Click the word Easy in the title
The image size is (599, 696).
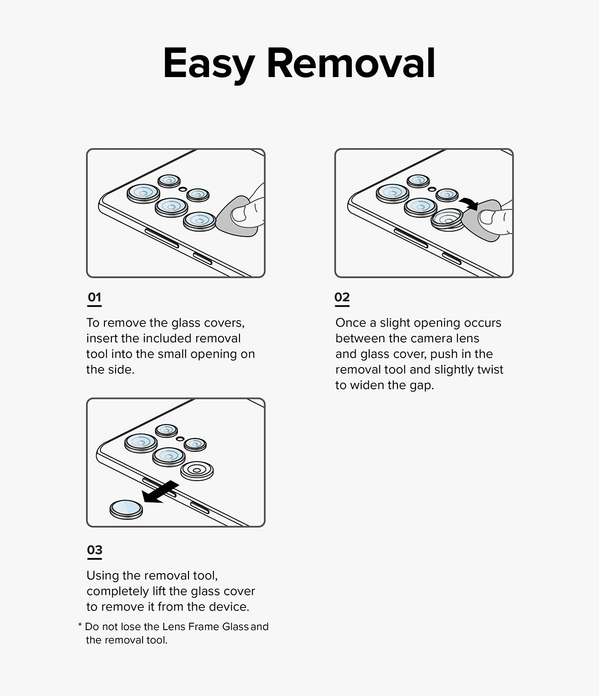tap(208, 64)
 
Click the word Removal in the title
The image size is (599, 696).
tap(351, 64)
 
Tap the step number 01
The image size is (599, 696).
tap(94, 297)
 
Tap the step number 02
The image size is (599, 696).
tap(342, 297)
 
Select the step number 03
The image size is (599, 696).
tap(95, 550)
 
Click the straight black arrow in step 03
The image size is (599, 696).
tap(160, 492)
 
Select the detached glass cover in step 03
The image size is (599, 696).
tap(126, 509)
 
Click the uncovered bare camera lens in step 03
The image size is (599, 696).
tap(197, 471)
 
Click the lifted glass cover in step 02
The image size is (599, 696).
tap(447, 219)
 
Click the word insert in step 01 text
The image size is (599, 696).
tap(102, 339)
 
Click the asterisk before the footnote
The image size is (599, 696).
tap(80, 626)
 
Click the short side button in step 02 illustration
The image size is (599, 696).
tap(451, 259)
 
